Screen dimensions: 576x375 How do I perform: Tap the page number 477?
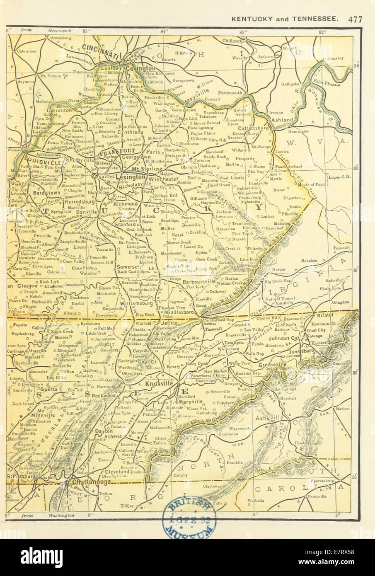[356, 19]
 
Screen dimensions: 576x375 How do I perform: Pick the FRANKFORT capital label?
[113, 152]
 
